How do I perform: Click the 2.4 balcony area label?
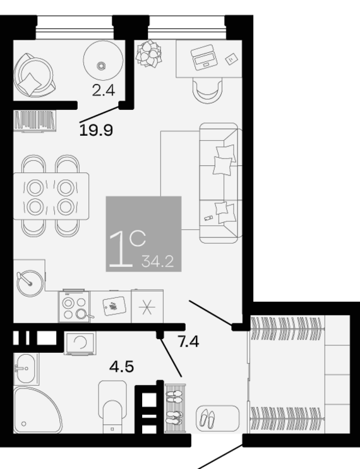(103, 90)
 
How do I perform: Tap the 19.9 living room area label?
(96, 131)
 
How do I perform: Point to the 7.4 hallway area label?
(189, 341)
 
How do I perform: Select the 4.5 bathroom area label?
(121, 367)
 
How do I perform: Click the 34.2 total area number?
(158, 261)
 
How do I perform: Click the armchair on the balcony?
(33, 75)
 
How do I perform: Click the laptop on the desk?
(205, 57)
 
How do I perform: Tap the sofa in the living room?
(220, 183)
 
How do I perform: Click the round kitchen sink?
(30, 283)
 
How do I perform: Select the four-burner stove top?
(75, 306)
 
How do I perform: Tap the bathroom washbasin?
(25, 369)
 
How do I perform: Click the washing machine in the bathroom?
(80, 343)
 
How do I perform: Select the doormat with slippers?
(217, 419)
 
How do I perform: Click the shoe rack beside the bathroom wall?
(176, 408)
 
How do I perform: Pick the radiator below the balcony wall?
(35, 121)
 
